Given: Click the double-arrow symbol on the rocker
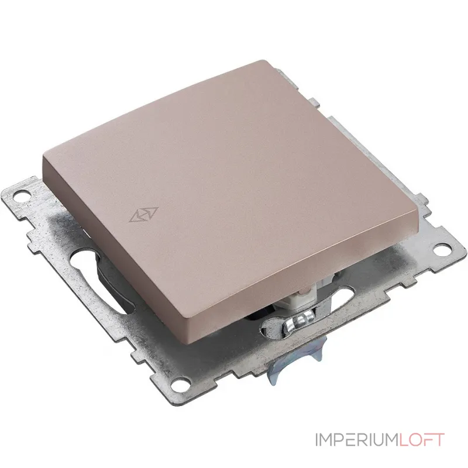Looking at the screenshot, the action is [x=143, y=215].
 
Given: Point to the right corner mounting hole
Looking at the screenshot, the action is [x=441, y=250].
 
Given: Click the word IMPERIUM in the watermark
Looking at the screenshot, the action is [x=357, y=440].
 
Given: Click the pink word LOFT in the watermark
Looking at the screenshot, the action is [x=421, y=440].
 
